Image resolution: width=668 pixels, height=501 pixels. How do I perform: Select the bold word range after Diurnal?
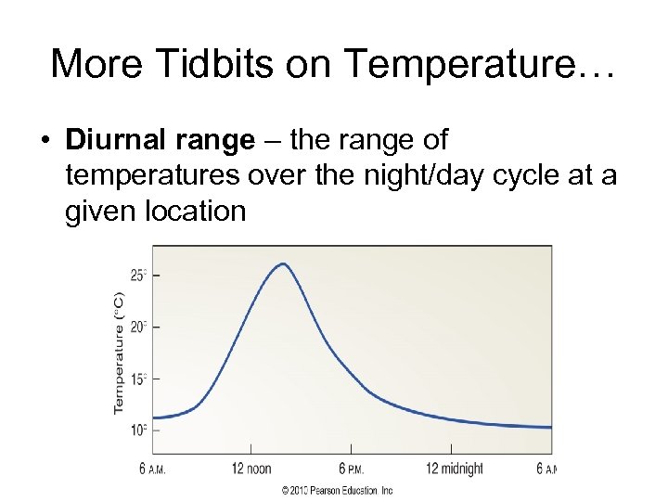pos(212,140)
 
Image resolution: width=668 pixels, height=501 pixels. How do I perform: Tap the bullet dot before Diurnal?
pos(45,141)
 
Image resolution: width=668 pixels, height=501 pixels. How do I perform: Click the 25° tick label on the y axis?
pos(138,275)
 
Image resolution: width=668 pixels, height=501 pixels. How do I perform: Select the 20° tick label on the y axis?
pos(138,327)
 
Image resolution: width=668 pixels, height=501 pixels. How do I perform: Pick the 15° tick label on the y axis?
pos(138,379)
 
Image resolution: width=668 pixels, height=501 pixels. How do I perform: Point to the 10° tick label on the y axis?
pos(138,430)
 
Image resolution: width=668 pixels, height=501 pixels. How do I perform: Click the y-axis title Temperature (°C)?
pos(119,352)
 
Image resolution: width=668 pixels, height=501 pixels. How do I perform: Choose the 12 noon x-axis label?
pos(251,469)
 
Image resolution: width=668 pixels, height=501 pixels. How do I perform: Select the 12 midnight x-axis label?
pos(454,469)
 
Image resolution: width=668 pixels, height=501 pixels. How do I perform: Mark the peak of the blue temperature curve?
pos(283,264)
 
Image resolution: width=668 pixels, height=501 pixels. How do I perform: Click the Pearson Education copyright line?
pos(338,490)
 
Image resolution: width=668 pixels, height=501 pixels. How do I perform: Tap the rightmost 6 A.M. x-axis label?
pos(546,469)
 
